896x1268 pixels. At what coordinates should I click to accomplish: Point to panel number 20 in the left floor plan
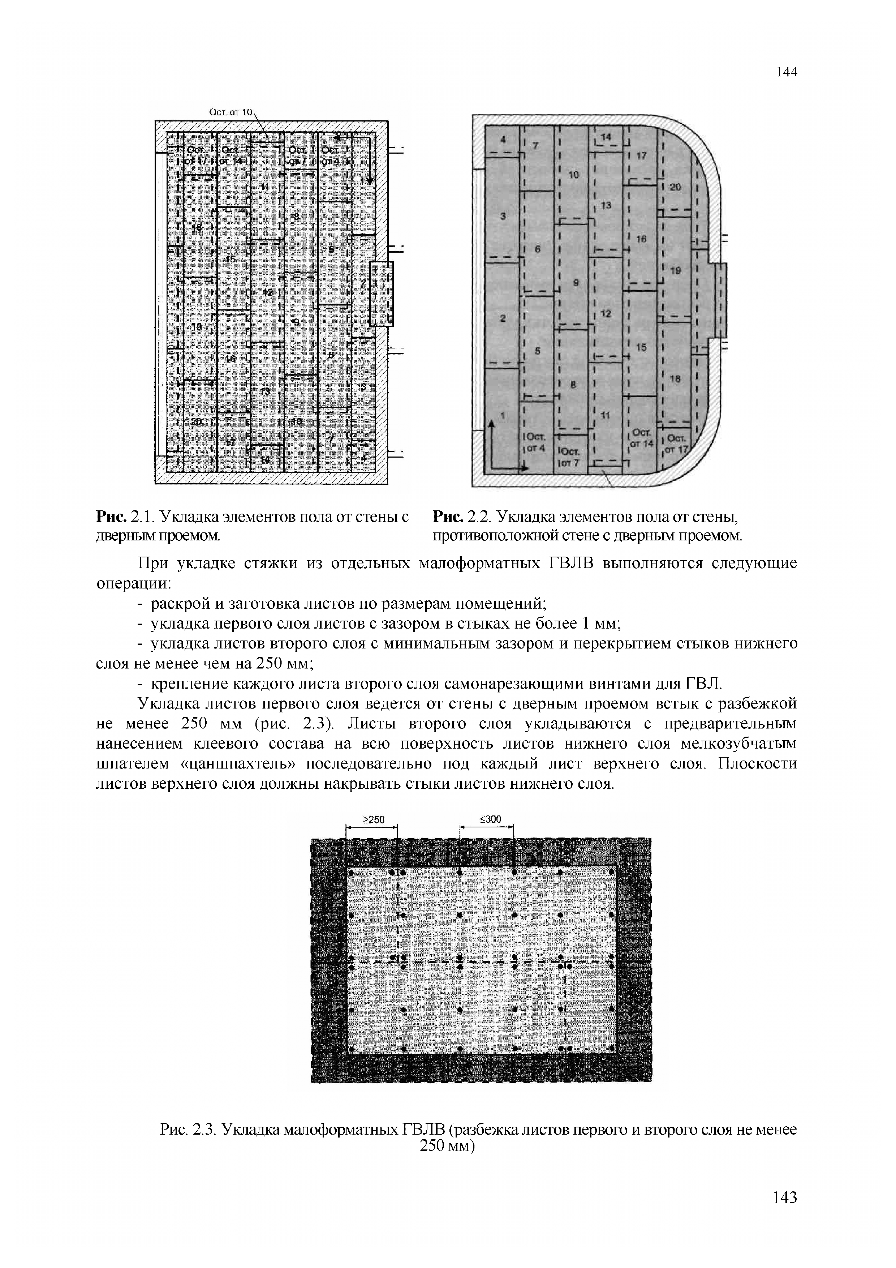(196, 421)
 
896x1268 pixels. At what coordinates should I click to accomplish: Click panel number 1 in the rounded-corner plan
(503, 415)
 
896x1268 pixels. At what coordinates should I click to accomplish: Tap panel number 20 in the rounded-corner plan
(675, 187)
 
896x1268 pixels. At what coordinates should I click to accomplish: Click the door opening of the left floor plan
(381, 294)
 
